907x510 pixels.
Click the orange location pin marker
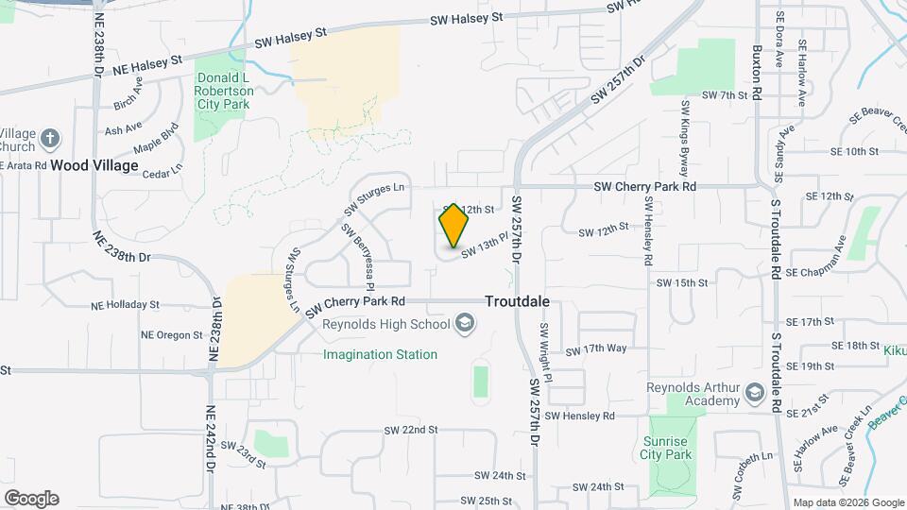tap(453, 225)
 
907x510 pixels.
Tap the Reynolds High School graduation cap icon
tap(465, 325)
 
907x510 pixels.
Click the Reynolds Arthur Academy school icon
tap(754, 392)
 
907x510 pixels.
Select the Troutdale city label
tap(517, 302)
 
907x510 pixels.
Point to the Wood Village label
tap(94, 165)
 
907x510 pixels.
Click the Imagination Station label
tap(380, 355)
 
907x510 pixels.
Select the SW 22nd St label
tap(411, 430)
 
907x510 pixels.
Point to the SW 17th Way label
tap(596, 349)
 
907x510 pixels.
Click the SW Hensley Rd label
tap(579, 416)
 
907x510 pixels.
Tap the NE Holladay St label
tap(125, 305)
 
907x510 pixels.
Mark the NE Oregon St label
tap(171, 334)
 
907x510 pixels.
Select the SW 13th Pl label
tap(485, 247)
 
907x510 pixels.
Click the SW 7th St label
tap(725, 95)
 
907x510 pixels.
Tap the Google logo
tap(31, 498)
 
